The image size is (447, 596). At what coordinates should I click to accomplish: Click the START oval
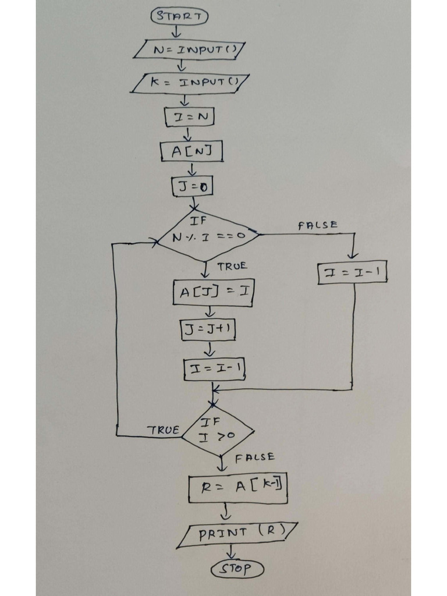pos(179,16)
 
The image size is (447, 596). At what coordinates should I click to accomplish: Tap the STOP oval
pos(237,569)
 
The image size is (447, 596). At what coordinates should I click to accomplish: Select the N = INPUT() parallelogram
pos(190,49)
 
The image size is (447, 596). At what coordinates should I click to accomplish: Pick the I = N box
pos(190,117)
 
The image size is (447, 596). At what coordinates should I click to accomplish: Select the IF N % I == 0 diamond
pos(208,236)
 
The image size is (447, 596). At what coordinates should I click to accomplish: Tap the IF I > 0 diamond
pos(218,432)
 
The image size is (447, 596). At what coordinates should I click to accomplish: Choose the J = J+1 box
pos(208,329)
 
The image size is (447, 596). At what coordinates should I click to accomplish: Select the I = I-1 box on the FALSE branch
pos(353,272)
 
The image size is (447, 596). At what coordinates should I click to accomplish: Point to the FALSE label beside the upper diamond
pos(317,225)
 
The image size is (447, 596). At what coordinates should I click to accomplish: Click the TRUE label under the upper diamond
pos(232,266)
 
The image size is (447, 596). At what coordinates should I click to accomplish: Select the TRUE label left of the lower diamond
pos(163,430)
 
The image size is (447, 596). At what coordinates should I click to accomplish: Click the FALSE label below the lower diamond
pos(255,457)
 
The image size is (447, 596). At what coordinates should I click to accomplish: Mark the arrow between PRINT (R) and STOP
pos(232,552)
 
